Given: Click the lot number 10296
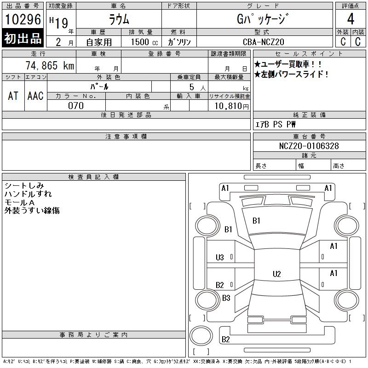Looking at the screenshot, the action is (x=23, y=20).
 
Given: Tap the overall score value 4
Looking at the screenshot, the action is (x=351, y=20).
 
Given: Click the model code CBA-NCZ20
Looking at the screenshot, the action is (x=264, y=42).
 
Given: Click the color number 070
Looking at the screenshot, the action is (x=76, y=106).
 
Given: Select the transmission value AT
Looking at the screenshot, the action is (x=13, y=96).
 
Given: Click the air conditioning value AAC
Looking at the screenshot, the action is (x=35, y=96).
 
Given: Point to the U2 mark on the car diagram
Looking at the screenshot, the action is (x=276, y=274).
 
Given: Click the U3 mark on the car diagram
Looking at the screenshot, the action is (x=220, y=257).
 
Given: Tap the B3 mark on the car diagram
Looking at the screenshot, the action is (x=226, y=298).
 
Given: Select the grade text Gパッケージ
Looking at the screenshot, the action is (x=264, y=20).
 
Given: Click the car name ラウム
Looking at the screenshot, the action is (x=119, y=20).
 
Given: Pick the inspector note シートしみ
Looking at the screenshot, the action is (x=23, y=186).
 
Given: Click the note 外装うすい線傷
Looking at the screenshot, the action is (x=32, y=211).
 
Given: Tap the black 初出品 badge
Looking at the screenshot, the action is (x=23, y=39).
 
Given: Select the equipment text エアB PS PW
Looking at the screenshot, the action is (x=276, y=124).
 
